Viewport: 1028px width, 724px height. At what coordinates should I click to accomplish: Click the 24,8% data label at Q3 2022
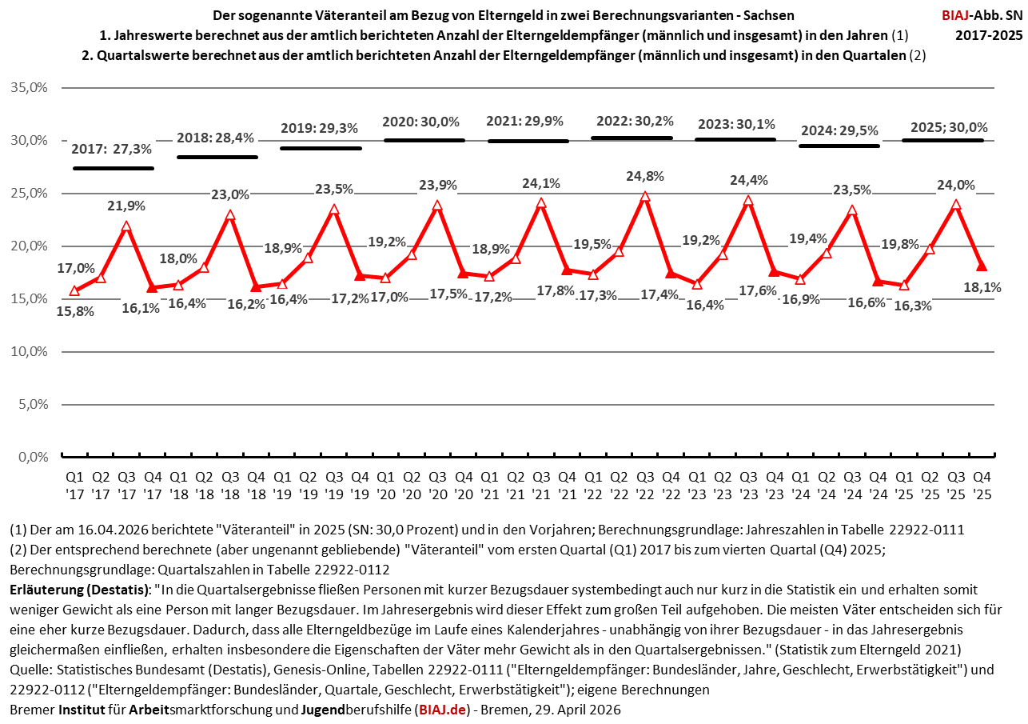point(643,175)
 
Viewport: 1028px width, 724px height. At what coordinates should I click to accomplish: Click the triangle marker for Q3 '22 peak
point(644,196)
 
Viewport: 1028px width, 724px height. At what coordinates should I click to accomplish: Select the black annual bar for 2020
point(424,140)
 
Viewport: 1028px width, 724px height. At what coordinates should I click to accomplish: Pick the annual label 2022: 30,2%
point(635,121)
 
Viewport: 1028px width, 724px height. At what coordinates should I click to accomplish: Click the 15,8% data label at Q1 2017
point(76,311)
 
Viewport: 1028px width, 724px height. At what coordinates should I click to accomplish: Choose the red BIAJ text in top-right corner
point(955,14)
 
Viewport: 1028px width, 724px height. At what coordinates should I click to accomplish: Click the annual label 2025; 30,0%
point(949,127)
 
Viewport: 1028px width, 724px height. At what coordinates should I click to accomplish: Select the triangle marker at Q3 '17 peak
point(126,226)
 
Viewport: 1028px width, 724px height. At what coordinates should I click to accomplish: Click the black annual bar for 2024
point(839,146)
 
